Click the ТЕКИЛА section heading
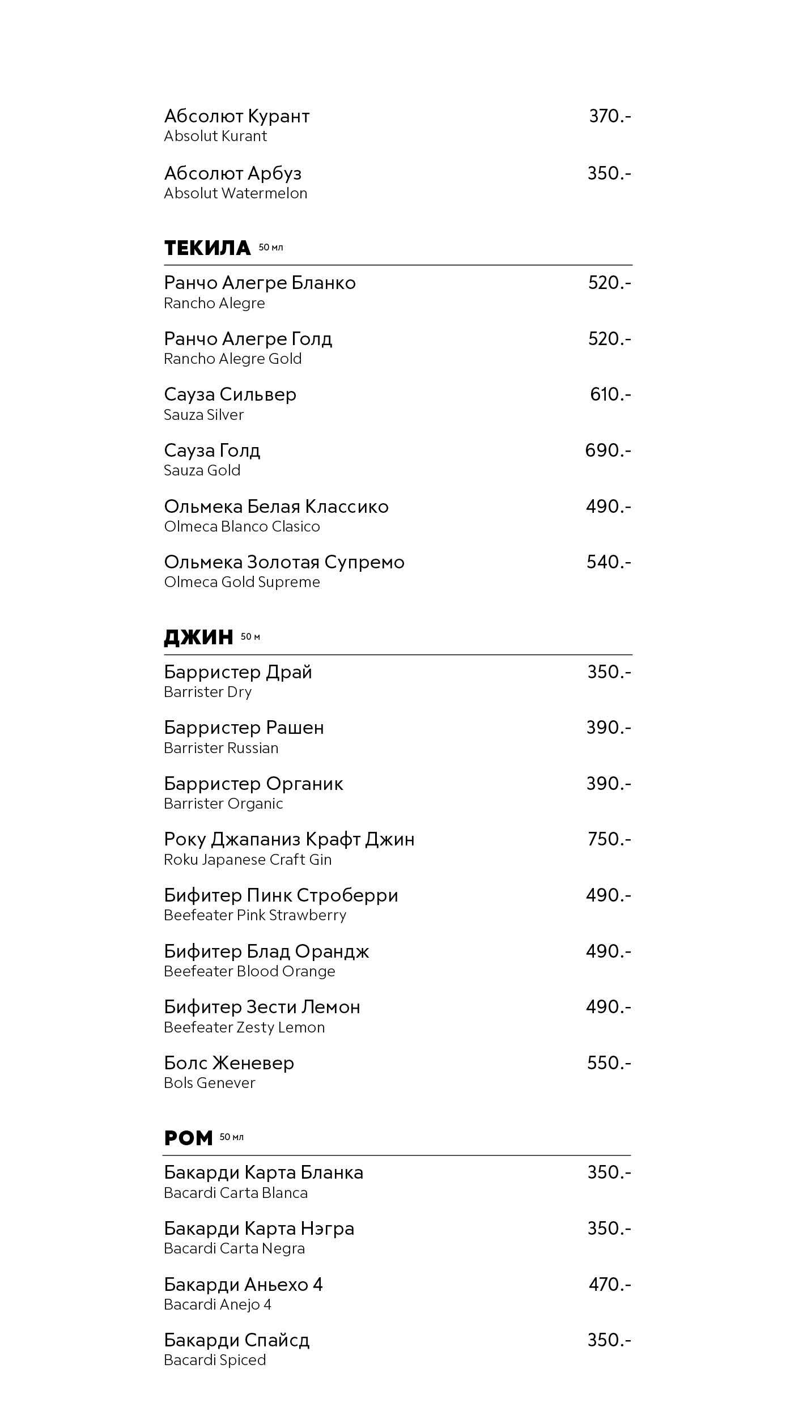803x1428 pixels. coord(207,248)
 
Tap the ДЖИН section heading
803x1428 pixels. coord(198,637)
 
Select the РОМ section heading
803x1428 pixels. coord(188,1138)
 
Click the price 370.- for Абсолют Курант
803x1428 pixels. coord(610,116)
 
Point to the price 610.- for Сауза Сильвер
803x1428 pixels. coord(610,394)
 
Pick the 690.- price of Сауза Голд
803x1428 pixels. coord(607,450)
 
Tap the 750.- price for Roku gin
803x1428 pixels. coord(609,839)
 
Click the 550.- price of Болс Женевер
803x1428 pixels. coord(609,1062)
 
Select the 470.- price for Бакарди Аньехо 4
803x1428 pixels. coord(610,1284)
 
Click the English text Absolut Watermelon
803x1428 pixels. coord(235,193)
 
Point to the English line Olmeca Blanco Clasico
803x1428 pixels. coord(242,526)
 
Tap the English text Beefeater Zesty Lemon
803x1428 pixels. coord(244,1027)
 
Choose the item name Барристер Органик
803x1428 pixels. coord(253,784)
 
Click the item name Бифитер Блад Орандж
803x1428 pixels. coord(266,951)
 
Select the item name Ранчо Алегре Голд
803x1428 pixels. coord(248,339)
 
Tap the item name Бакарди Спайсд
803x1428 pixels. coord(236,1340)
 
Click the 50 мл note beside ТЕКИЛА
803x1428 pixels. coord(271,248)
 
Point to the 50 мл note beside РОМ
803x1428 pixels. coord(231,1137)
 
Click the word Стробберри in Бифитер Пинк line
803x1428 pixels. coord(347,895)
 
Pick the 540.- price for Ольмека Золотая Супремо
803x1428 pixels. coord(609,562)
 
